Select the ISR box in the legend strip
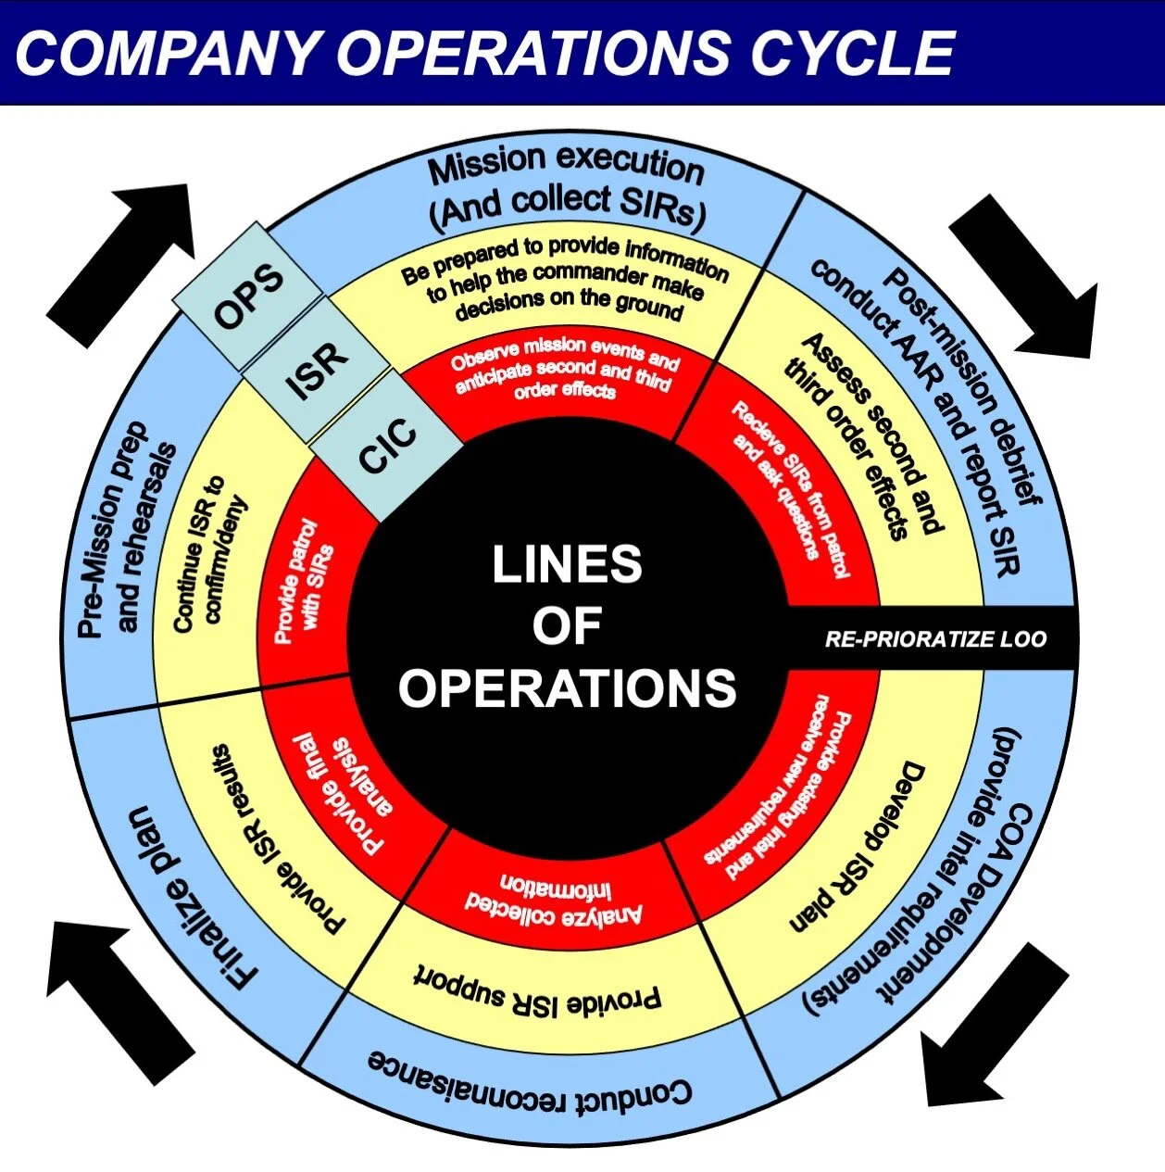pos(317,369)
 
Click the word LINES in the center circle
pos(567,564)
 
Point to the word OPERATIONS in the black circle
pos(567,687)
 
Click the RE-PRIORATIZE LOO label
pos(935,638)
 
